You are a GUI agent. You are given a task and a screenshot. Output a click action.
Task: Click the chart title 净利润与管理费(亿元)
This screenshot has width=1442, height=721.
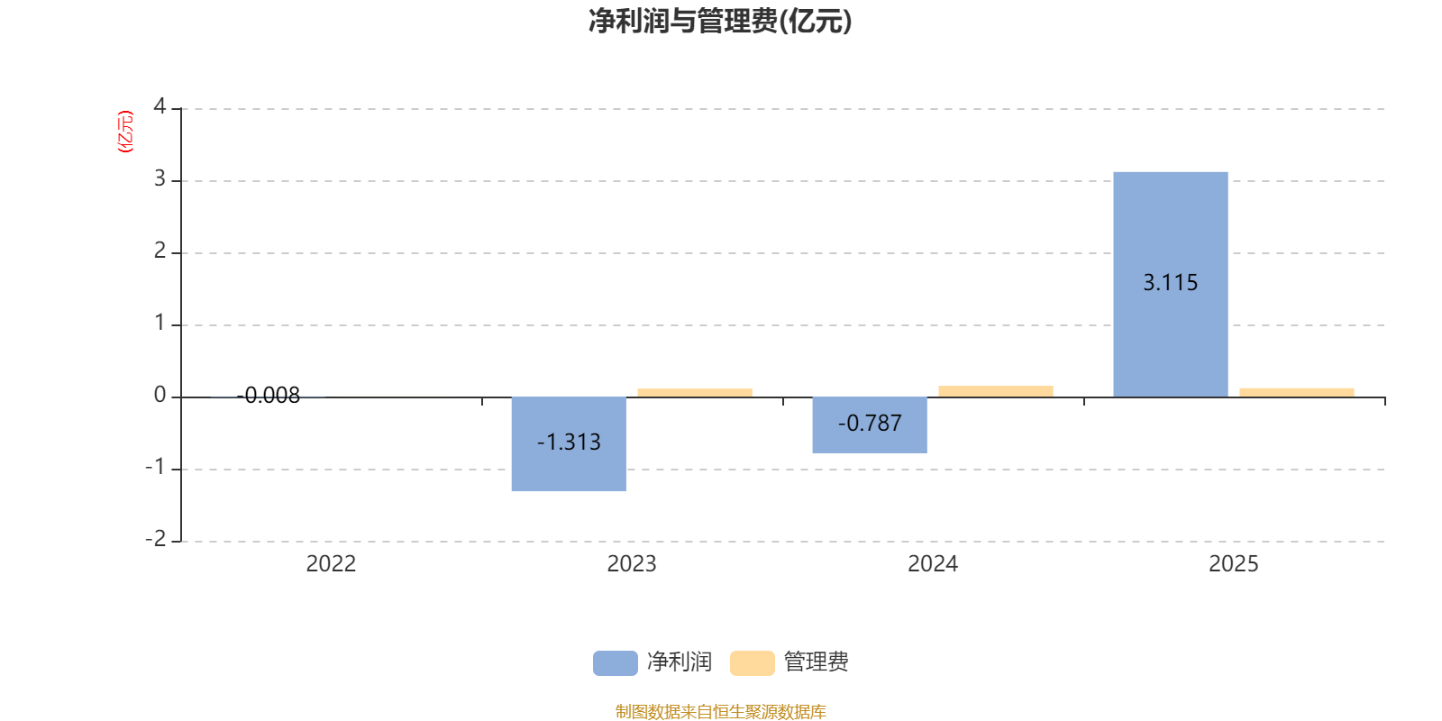click(x=720, y=21)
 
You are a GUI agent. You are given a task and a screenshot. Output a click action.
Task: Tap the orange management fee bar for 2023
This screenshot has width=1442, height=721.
click(x=695, y=392)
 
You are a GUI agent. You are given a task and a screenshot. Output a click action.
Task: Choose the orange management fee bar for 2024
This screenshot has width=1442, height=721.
click(x=996, y=391)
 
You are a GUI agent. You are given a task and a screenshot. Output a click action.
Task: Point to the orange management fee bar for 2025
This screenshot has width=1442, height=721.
click(x=1296, y=392)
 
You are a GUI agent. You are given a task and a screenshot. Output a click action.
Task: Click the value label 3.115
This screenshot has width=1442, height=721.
click(x=1170, y=283)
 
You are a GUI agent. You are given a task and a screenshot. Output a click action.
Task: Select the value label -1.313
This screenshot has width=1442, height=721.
click(x=569, y=443)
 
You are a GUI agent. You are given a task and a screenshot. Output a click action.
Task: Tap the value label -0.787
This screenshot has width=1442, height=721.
click(x=869, y=424)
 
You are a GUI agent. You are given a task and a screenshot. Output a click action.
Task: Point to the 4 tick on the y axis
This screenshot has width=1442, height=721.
click(x=160, y=107)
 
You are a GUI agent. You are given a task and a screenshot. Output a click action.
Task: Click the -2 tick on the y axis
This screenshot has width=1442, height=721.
click(x=156, y=539)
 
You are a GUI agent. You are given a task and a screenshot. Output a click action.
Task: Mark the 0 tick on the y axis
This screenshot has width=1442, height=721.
click(x=160, y=396)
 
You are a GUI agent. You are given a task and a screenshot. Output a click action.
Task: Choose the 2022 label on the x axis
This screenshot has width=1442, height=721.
click(x=331, y=564)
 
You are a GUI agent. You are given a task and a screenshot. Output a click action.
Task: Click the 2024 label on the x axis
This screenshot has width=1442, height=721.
click(x=933, y=564)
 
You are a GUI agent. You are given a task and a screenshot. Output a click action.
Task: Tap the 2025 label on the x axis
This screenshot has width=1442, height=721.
click(x=1233, y=564)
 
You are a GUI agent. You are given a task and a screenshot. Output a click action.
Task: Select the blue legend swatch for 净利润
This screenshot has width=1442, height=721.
click(x=615, y=662)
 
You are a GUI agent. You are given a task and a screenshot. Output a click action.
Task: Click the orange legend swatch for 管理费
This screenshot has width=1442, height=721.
click(x=752, y=662)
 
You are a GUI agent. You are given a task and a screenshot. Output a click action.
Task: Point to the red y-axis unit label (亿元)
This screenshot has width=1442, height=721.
click(x=125, y=132)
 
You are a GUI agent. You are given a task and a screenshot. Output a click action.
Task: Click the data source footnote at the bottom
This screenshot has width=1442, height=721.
click(x=720, y=712)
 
